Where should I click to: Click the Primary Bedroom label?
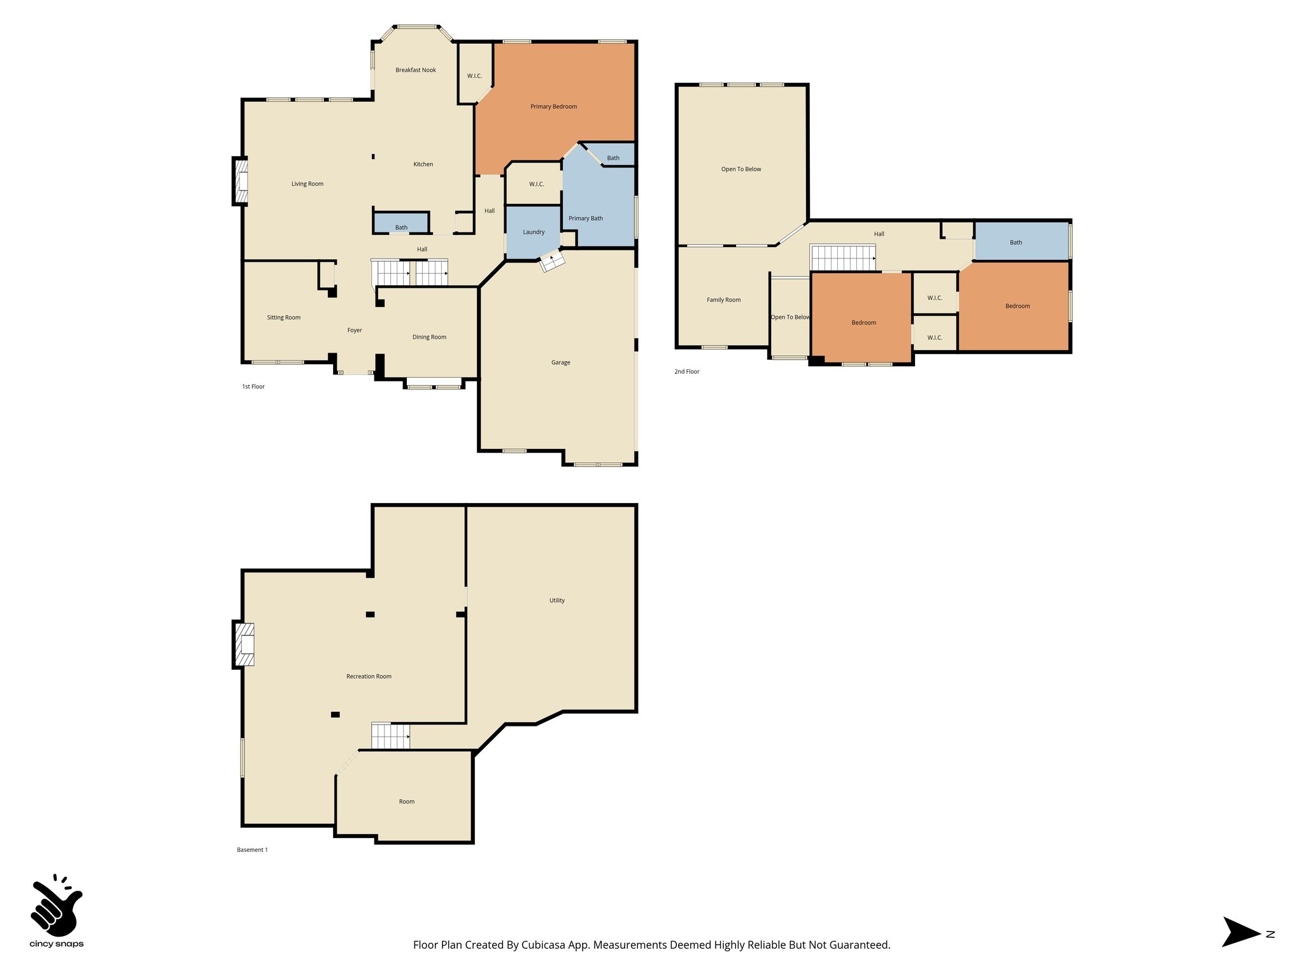553,107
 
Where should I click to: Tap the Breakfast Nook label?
415,70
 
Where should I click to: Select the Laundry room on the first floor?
533,232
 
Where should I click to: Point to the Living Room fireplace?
241,181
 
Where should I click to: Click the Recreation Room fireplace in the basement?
244,644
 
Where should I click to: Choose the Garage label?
560,363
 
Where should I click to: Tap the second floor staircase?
842,258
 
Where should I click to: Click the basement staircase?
390,736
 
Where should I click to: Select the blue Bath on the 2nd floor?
1021,242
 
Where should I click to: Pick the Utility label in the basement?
556,600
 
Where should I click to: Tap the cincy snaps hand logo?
56,905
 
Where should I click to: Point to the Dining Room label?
429,337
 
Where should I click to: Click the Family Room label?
723,300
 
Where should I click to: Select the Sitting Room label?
283,318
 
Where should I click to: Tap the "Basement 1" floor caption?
252,850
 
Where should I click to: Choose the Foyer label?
354,330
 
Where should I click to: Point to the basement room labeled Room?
406,802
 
